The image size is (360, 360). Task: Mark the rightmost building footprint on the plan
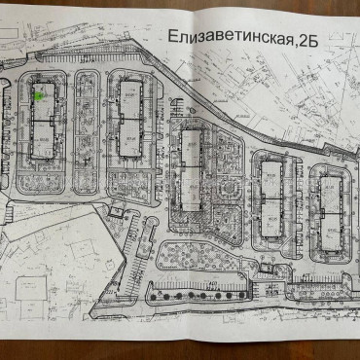coord(331,204)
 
